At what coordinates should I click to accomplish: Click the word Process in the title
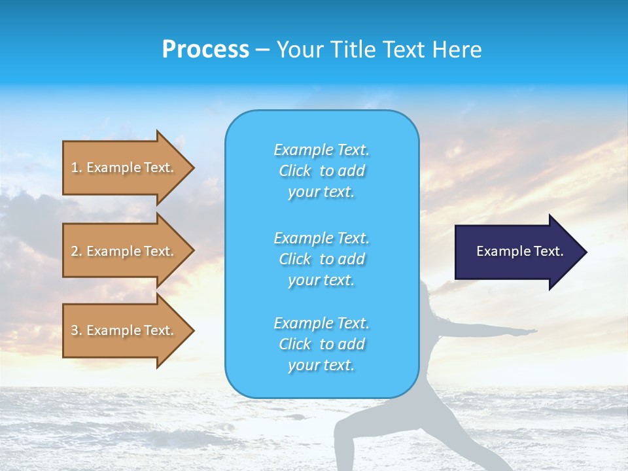tap(205, 50)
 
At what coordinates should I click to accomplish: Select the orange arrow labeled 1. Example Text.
tap(124, 167)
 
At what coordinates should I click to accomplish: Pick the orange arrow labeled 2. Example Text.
tap(124, 251)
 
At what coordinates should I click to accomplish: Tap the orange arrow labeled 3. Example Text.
tap(124, 330)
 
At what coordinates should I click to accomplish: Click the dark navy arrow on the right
tap(517, 251)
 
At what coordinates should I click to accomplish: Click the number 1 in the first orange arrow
tap(75, 167)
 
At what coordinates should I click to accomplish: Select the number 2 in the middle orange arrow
tap(75, 251)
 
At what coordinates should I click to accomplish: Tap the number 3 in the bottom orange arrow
tap(75, 330)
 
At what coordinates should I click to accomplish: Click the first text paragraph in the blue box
tap(321, 171)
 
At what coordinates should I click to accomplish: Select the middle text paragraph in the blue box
tap(321, 259)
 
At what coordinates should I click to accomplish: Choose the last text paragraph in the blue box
tap(321, 344)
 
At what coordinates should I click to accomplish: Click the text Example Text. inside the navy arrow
tap(519, 251)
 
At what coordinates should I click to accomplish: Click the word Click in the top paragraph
tap(295, 171)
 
